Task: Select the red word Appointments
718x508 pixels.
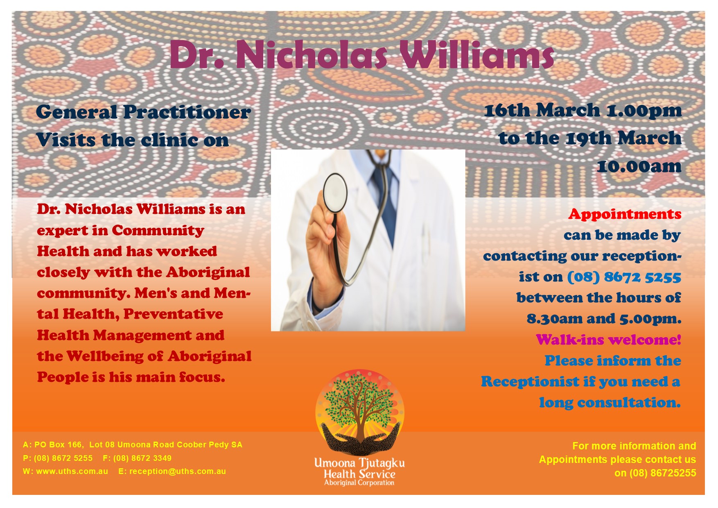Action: [625, 214]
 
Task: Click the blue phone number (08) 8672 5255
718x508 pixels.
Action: [624, 277]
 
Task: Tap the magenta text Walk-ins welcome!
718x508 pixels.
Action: [608, 340]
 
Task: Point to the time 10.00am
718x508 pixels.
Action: [639, 166]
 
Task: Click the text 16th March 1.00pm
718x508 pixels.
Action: [583, 111]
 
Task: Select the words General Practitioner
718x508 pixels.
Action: [143, 112]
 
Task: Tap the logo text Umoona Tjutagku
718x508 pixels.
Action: [359, 463]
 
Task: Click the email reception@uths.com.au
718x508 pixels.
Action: [178, 472]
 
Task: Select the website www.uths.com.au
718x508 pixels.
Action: [72, 472]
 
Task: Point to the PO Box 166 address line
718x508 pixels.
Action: [133, 444]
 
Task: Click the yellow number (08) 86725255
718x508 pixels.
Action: [663, 473]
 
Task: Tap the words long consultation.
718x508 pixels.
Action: [610, 403]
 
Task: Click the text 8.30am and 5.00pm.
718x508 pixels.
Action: [604, 319]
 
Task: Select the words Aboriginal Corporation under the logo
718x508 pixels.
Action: [359, 483]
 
